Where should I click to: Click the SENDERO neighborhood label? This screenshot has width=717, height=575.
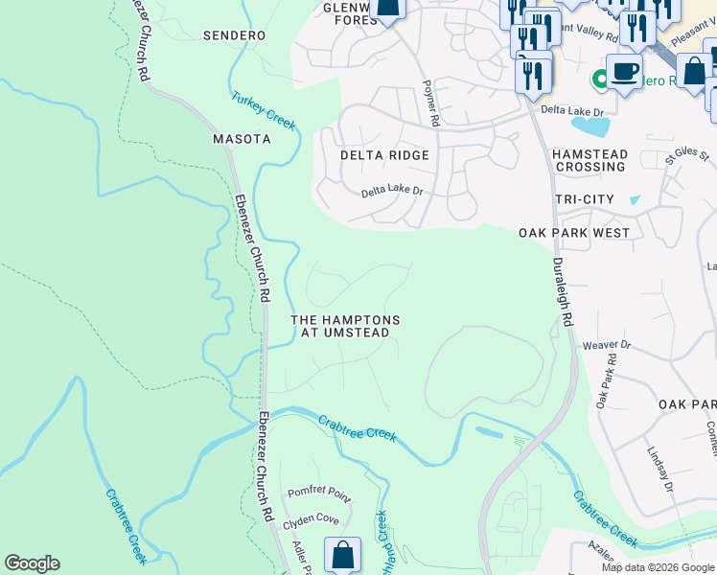(x=234, y=35)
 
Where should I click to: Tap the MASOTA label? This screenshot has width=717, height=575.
(x=241, y=139)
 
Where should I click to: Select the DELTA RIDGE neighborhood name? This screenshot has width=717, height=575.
(x=384, y=154)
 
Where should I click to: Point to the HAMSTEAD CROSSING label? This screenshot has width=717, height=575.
(x=590, y=160)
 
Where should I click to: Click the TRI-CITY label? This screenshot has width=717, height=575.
(x=584, y=198)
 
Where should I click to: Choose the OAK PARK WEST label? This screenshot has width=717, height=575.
(x=574, y=233)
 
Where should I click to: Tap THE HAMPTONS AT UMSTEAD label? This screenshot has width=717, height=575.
(x=345, y=326)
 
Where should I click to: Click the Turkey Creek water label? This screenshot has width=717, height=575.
(x=264, y=110)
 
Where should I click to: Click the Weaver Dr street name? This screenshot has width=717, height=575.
(x=613, y=344)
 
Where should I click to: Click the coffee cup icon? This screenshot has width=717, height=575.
(x=624, y=72)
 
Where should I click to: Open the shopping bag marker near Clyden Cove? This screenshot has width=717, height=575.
(x=342, y=556)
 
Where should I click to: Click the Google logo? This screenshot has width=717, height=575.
(x=32, y=563)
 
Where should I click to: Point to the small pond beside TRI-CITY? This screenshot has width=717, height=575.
(x=635, y=200)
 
